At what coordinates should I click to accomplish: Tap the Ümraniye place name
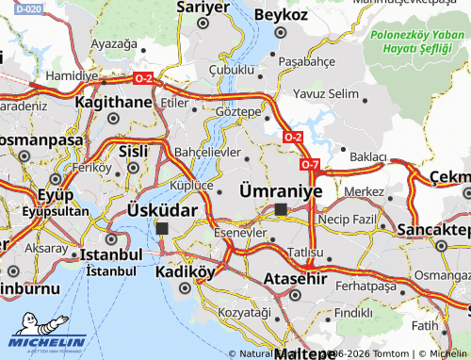[281, 189]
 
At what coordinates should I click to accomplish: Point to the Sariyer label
[203, 7]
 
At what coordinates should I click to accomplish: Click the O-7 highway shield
[311, 165]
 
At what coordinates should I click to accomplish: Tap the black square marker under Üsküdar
[162, 228]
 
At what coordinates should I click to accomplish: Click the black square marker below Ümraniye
[281, 208]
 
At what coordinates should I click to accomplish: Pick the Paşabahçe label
[309, 61]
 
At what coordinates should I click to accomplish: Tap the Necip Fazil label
[348, 218]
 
